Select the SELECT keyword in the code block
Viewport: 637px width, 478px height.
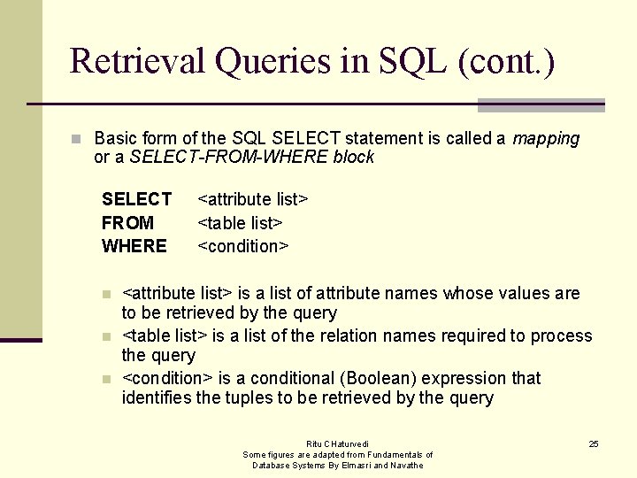click(136, 199)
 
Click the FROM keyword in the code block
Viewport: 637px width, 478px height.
click(127, 222)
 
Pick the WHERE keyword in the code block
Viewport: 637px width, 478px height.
click(134, 246)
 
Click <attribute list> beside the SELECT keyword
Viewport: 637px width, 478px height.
click(252, 199)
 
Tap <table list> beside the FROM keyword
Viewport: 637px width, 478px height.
click(240, 222)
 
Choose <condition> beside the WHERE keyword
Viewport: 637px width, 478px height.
click(243, 246)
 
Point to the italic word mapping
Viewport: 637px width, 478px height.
click(546, 138)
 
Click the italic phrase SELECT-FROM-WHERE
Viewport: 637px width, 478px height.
click(228, 158)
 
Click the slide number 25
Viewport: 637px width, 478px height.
click(594, 443)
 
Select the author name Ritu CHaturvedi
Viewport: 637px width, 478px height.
click(338, 443)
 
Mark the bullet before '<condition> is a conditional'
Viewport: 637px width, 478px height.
click(106, 379)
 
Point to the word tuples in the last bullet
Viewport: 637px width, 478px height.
click(247, 397)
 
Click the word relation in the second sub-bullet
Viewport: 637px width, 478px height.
click(354, 335)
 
